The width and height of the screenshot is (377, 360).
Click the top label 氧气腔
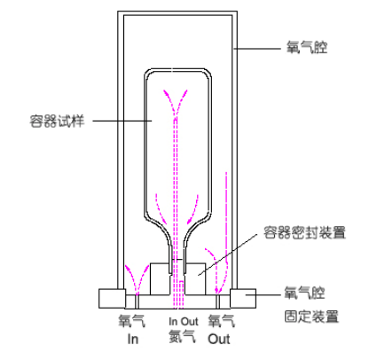coord(307,47)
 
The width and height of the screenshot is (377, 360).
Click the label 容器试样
coord(57,121)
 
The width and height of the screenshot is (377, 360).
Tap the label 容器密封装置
coord(304,232)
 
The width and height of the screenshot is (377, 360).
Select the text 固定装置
coord(311,317)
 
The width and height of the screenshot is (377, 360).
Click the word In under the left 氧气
coord(133,339)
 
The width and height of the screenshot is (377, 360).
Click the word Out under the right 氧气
coord(219,339)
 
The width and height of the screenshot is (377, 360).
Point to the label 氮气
coord(182,336)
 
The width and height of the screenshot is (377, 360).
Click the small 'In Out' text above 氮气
coord(184,321)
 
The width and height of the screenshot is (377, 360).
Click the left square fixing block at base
coord(113,299)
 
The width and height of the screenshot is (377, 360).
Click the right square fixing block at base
coord(243,299)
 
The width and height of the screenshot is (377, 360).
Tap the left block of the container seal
coord(160,279)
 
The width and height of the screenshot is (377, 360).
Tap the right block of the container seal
coord(195,279)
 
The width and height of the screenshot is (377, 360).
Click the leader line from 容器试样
coord(122,121)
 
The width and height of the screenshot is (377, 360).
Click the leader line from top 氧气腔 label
coord(256,49)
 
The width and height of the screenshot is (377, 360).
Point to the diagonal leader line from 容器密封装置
coord(228,254)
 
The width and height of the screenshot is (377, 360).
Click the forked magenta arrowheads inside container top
coord(176,102)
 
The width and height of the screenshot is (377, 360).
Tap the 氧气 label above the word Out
coord(222,321)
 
